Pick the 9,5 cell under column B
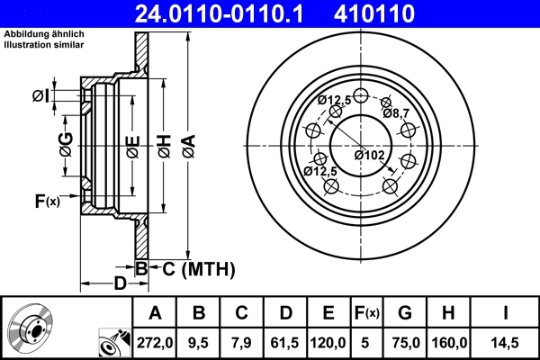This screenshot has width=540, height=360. click(x=200, y=343)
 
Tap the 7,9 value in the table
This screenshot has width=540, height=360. click(x=242, y=343)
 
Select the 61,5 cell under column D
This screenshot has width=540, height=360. click(x=285, y=343)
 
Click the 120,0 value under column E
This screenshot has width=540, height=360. click(x=328, y=343)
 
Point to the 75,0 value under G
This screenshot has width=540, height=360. click(x=405, y=343)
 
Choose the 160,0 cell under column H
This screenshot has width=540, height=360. click(x=450, y=343)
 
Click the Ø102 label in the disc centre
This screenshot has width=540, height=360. click(x=370, y=155)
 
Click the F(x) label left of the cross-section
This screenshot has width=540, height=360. click(x=48, y=202)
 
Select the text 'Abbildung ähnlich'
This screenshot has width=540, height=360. click(x=43, y=34)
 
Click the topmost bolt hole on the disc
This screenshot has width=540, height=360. click(x=361, y=97)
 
